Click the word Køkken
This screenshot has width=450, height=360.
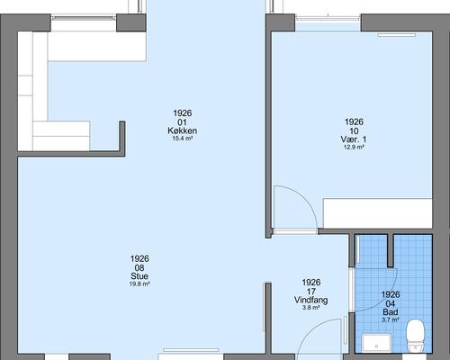pyautogui.click(x=182, y=131)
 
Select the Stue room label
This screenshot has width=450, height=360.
pyautogui.click(x=139, y=276)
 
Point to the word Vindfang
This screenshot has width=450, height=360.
pyautogui.click(x=310, y=299)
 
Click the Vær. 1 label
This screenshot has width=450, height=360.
pyautogui.click(x=354, y=139)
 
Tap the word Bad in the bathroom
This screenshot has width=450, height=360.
pyautogui.click(x=390, y=310)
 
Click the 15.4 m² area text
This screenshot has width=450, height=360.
pyautogui.click(x=182, y=139)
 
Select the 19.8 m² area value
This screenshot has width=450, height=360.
pyautogui.click(x=139, y=284)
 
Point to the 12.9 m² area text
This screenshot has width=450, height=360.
pyautogui.click(x=354, y=148)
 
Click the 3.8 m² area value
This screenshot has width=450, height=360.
pyautogui.click(x=310, y=308)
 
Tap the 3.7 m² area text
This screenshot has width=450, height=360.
pyautogui.click(x=390, y=319)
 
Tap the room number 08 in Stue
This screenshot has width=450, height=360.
pyautogui.click(x=139, y=267)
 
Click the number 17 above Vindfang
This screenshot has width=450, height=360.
pyautogui.click(x=310, y=290)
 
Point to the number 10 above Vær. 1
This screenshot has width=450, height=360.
pyautogui.click(x=354, y=130)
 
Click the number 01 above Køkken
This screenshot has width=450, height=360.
pyautogui.click(x=182, y=122)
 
